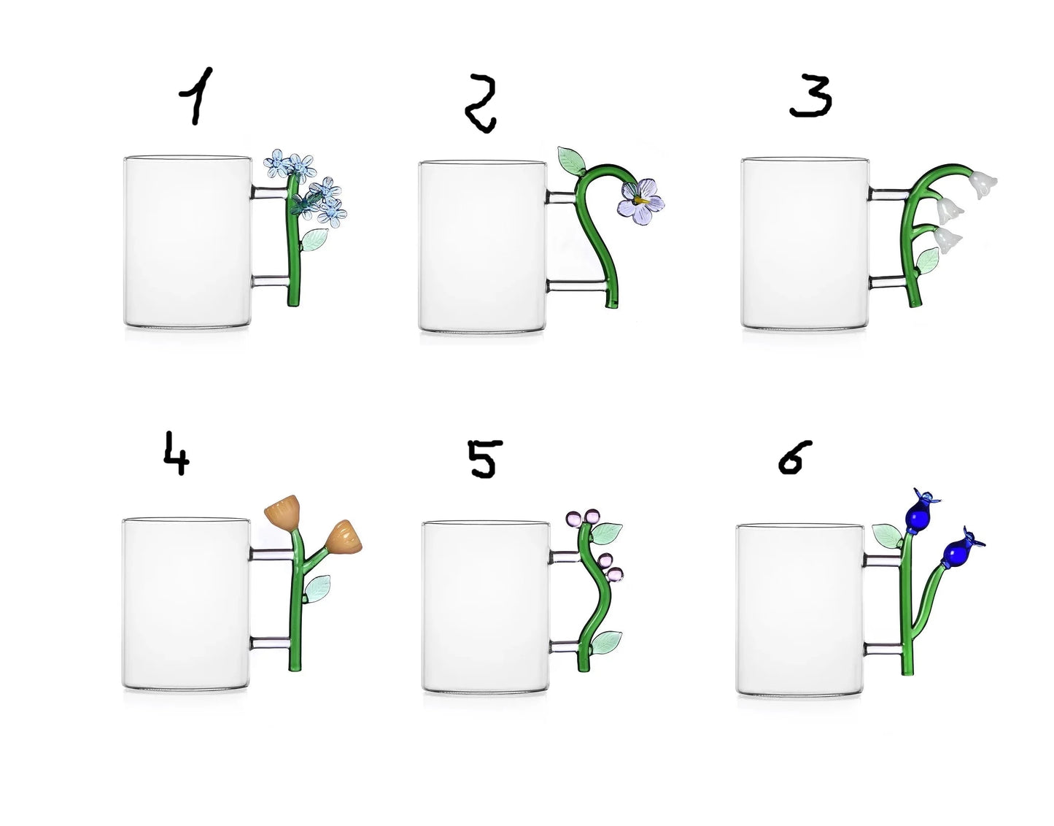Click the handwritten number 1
196,96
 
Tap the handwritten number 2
480,103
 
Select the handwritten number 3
810,96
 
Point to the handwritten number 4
176,454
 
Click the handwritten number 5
484,459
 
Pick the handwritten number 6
794,457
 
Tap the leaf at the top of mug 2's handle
571,161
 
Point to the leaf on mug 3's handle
927,260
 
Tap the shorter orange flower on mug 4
345,537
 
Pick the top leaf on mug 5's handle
606,533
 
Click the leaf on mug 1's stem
314,239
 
